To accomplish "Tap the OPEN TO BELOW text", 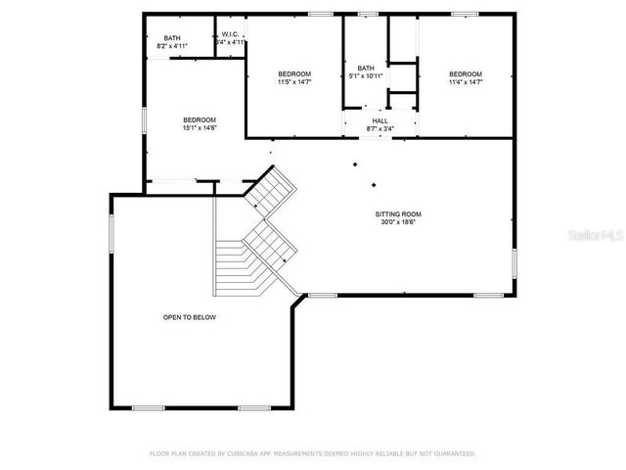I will tap(190, 317).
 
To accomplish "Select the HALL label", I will tap(380, 120).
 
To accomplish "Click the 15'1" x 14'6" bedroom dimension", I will tap(199, 128).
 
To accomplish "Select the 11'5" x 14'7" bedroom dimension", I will tap(293, 82).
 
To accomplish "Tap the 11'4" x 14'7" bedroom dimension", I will tap(466, 82).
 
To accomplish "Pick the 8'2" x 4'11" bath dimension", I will tap(172, 45).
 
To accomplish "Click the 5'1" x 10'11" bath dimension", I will tap(366, 76).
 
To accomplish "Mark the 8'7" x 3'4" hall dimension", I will tap(380, 128).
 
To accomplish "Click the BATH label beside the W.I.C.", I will tap(172, 37).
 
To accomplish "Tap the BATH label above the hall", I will tap(366, 69).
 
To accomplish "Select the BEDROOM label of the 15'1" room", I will tap(199, 120).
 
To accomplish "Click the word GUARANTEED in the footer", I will tap(454, 453).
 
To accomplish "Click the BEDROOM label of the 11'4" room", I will tap(466, 74).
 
